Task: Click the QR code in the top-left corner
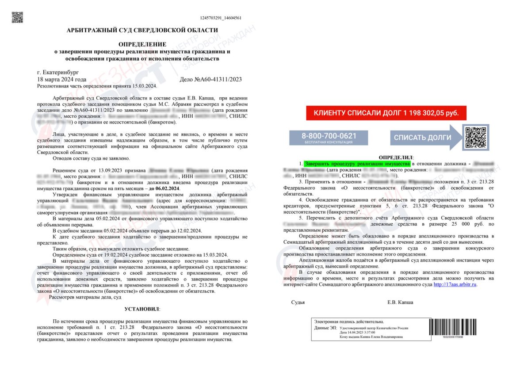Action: click(17, 17)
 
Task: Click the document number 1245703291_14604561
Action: click(221, 18)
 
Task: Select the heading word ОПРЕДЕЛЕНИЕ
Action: click(142, 44)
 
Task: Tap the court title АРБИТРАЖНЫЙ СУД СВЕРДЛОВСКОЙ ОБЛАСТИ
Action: click(142, 30)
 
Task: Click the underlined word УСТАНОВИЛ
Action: click(142, 308)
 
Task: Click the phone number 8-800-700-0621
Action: click(329, 136)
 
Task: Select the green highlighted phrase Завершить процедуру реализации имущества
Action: click(357, 164)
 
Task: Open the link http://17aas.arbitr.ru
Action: click(455, 284)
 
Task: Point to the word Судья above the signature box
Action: click(298, 303)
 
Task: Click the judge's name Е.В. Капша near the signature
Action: click(400, 303)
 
